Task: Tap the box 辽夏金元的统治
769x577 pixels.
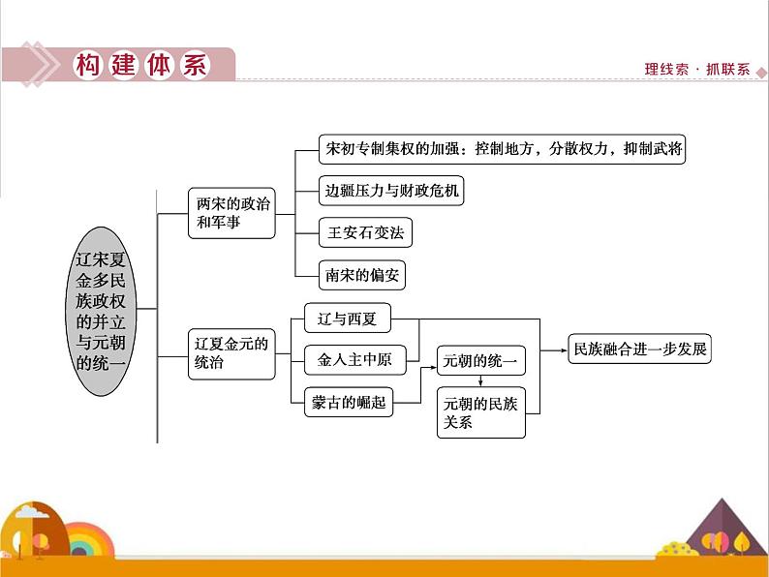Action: pyautogui.click(x=231, y=352)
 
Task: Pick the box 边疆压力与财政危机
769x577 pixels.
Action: pyautogui.click(x=391, y=192)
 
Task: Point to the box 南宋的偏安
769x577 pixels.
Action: pyautogui.click(x=362, y=275)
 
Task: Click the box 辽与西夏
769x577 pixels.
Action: pyautogui.click(x=347, y=319)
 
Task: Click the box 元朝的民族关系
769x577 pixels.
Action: pyautogui.click(x=481, y=412)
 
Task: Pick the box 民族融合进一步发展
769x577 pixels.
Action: pyautogui.click(x=639, y=349)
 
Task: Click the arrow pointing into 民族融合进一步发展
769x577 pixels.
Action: pyautogui.click(x=561, y=349)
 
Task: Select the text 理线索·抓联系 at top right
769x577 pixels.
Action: pyautogui.click(x=696, y=70)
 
